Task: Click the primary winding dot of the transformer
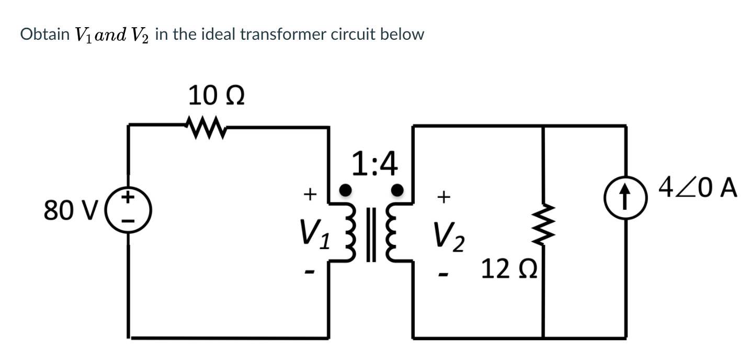(x=345, y=188)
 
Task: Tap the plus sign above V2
(x=444, y=197)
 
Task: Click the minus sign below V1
(x=310, y=272)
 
